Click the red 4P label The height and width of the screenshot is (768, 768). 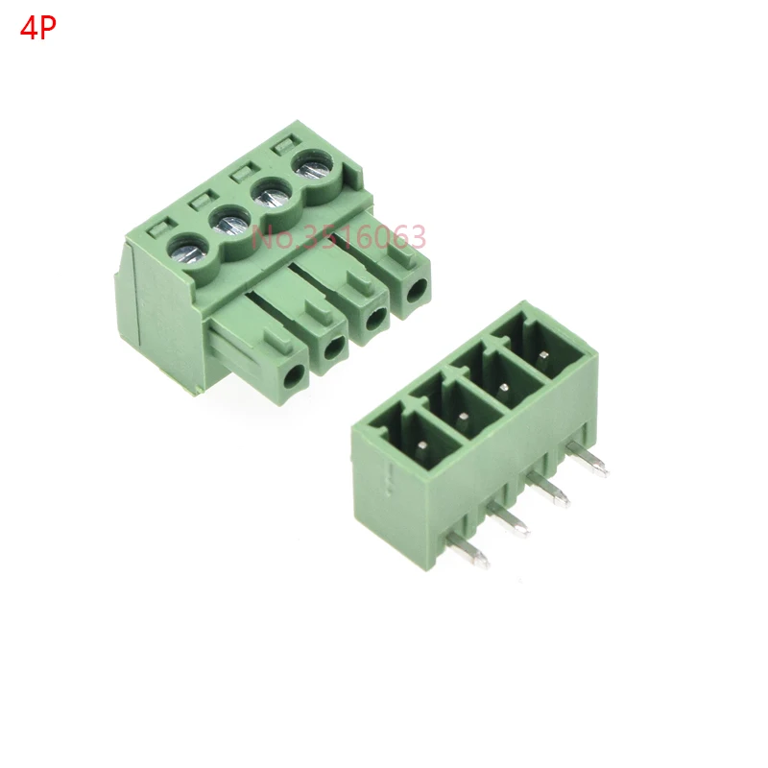coord(37,28)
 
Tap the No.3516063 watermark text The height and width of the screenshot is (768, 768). coord(339,237)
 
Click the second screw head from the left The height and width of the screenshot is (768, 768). coord(230,223)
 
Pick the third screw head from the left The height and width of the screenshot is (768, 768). coord(272,197)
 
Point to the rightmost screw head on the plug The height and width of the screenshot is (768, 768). coord(313,170)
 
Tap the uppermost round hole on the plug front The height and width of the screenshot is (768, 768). coord(416,290)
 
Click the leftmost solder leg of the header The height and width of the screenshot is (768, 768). coord(468,550)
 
